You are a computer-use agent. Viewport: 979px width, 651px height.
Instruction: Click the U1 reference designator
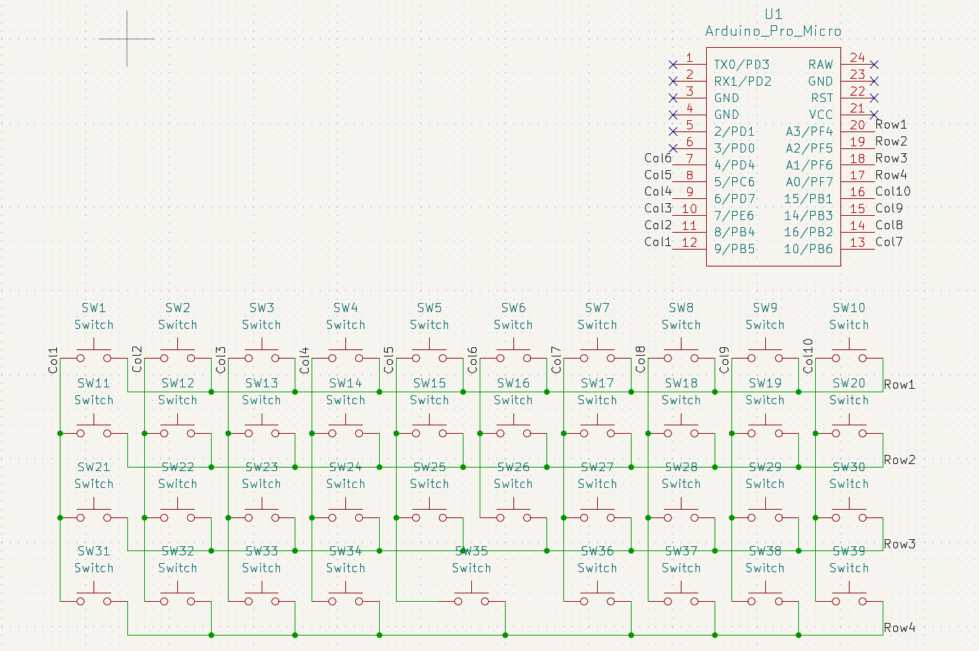point(773,15)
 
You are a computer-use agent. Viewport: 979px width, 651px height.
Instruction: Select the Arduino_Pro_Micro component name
point(773,31)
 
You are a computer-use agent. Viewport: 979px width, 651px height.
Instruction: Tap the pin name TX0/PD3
point(742,65)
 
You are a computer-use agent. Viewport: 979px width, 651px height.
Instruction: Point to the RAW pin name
point(820,65)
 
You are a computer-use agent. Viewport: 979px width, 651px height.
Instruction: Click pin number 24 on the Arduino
point(857,57)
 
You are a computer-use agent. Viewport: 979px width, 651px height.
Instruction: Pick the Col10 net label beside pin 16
point(893,191)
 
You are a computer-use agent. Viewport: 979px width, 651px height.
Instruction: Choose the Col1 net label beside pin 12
point(658,242)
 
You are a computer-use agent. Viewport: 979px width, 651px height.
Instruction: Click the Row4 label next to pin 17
point(891,175)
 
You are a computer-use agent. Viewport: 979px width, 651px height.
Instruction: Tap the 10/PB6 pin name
point(808,249)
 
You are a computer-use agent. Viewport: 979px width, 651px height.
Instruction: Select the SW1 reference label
point(94,308)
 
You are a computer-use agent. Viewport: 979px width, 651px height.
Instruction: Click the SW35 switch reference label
point(471,551)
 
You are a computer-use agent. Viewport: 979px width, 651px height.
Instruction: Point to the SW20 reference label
point(848,383)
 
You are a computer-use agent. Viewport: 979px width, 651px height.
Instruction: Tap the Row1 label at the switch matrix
point(900,385)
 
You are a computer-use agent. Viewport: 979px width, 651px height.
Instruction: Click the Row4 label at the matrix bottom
point(900,628)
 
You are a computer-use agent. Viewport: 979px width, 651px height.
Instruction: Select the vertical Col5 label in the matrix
point(388,360)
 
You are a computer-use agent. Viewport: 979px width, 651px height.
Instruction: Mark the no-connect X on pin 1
point(673,65)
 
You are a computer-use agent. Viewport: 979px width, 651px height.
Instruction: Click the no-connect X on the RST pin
point(874,98)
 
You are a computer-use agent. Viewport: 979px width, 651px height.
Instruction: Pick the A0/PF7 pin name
point(810,182)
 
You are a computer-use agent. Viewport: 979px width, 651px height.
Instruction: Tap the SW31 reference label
point(94,551)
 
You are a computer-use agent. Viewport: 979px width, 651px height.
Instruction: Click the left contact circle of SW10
point(836,359)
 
